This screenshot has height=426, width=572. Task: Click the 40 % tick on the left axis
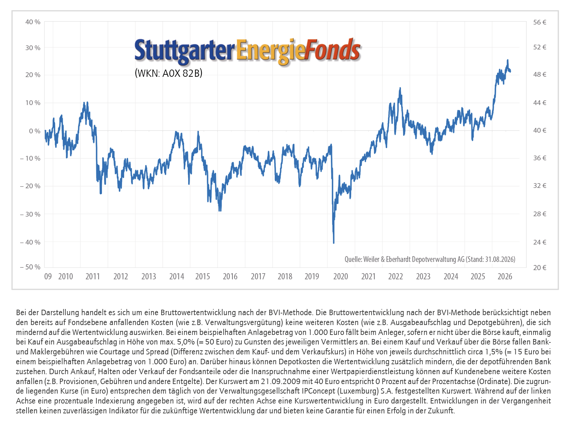pyautogui.click(x=33, y=22)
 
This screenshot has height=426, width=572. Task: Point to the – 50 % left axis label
pyautogui.click(x=30, y=267)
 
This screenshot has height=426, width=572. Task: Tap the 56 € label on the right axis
pyautogui.click(x=540, y=23)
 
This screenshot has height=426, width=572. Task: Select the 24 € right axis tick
pyautogui.click(x=540, y=242)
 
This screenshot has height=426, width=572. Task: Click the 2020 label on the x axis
pyautogui.click(x=341, y=277)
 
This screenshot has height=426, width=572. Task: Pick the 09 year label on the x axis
pyautogui.click(x=48, y=277)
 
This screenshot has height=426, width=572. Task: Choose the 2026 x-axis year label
pyautogui.click(x=505, y=277)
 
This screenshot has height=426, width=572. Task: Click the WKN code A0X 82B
pyautogui.click(x=182, y=73)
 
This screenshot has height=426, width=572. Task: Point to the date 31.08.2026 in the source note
pyautogui.click(x=499, y=259)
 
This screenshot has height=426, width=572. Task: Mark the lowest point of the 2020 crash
pyautogui.click(x=334, y=243)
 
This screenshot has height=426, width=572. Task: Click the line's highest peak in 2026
pyautogui.click(x=508, y=60)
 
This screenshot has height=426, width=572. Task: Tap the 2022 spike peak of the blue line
pyautogui.click(x=400, y=88)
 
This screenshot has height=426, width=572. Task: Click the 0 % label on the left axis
pyautogui.click(x=35, y=131)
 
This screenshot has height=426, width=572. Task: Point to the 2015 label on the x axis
pyautogui.click(x=202, y=277)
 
